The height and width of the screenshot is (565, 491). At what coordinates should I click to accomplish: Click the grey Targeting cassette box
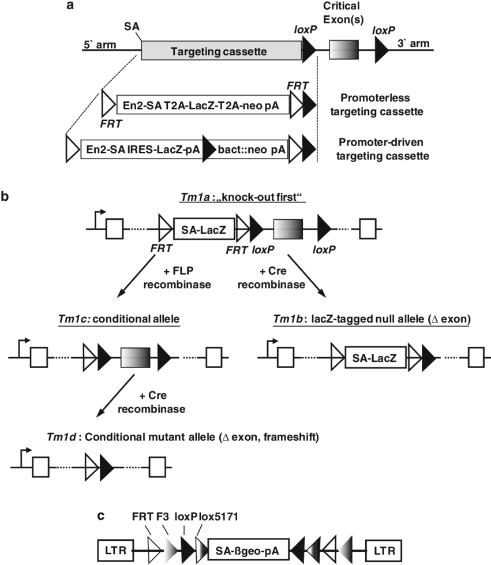tap(222, 52)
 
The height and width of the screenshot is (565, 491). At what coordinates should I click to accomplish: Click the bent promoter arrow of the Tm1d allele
tap(23, 452)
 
